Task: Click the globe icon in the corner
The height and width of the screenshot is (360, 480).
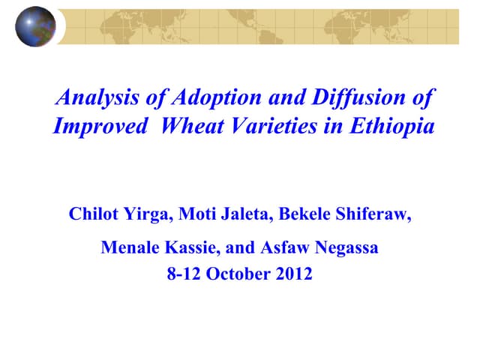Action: (x=34, y=27)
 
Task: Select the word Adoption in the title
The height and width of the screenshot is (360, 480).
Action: (x=210, y=97)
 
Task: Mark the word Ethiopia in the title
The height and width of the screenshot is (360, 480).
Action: (x=391, y=126)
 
